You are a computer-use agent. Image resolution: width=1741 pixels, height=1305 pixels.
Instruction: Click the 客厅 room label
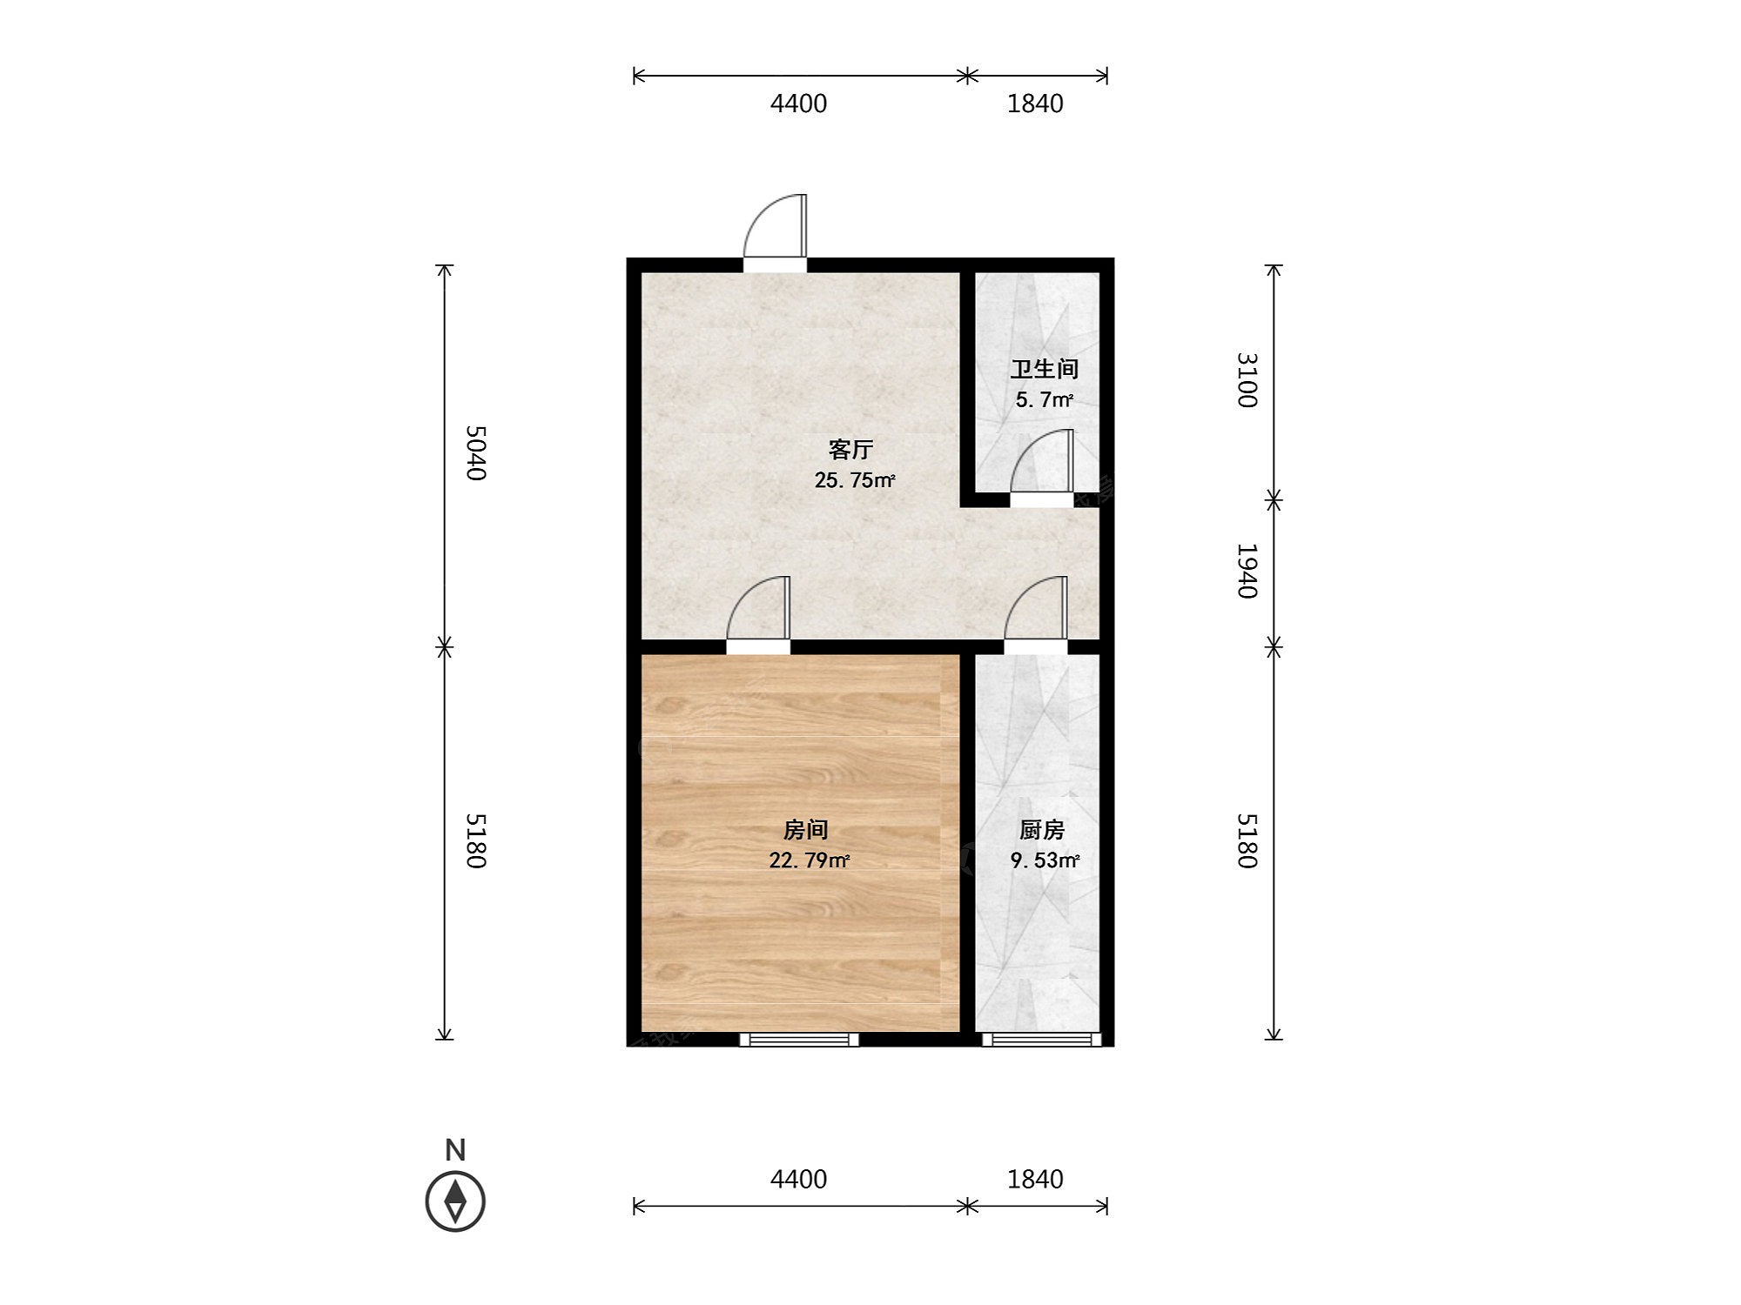click(x=850, y=450)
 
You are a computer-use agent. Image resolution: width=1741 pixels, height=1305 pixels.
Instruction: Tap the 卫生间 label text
click(x=1044, y=369)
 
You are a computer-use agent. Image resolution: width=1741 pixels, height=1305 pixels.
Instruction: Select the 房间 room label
click(x=805, y=830)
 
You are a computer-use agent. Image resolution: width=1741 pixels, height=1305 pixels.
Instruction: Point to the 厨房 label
click(x=1042, y=830)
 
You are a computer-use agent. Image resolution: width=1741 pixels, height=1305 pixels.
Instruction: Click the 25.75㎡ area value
click(x=854, y=480)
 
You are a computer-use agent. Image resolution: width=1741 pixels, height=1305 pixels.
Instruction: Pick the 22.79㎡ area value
click(x=809, y=860)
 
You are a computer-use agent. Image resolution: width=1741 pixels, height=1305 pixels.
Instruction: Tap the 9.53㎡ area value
click(x=1045, y=860)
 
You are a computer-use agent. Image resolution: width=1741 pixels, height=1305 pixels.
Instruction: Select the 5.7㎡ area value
click(x=1044, y=400)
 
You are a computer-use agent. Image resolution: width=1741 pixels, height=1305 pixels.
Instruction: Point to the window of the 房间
click(x=799, y=1039)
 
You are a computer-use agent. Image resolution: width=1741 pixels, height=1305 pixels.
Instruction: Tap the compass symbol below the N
click(x=454, y=1201)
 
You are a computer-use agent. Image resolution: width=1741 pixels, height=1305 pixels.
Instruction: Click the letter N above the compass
click(x=455, y=1150)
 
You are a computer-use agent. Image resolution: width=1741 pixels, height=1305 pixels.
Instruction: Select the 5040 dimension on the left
click(x=474, y=452)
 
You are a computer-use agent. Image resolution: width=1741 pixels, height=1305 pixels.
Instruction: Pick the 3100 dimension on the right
click(x=1247, y=380)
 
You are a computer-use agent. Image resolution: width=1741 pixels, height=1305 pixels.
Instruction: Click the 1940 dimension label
click(x=1247, y=571)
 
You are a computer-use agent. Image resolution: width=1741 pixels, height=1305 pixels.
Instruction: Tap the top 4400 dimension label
click(x=798, y=104)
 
